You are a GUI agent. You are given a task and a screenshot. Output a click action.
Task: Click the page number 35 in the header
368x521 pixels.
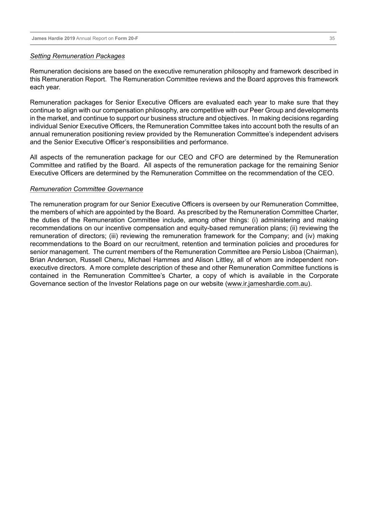point(332,39)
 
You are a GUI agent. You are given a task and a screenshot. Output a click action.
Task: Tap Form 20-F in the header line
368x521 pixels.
point(127,39)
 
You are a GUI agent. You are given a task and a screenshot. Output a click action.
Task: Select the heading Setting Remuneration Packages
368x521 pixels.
point(77,56)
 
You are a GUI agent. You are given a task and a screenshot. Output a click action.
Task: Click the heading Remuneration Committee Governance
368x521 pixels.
point(87,189)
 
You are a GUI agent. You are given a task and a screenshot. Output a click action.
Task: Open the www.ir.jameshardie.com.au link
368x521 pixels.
point(268,284)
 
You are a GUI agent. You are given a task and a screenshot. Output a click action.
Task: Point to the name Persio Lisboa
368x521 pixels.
point(282,252)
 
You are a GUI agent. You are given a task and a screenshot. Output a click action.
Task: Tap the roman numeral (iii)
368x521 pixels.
point(113,236)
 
